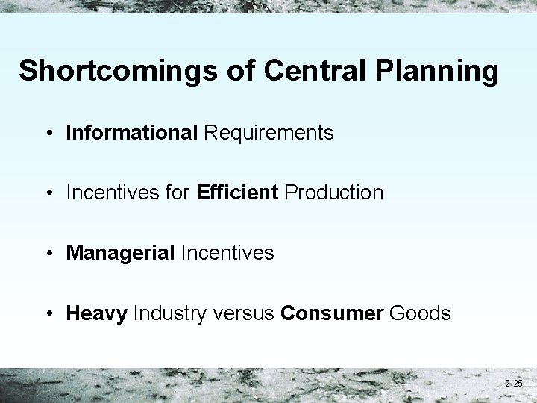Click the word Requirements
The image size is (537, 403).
pos(268,133)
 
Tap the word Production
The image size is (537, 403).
pos(334,193)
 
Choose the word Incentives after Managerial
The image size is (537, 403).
pos(226,253)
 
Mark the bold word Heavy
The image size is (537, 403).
pos(97,313)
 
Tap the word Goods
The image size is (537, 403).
pos(420,313)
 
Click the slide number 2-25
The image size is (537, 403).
pos(513,383)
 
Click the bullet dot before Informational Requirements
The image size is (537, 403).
pos(48,134)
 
